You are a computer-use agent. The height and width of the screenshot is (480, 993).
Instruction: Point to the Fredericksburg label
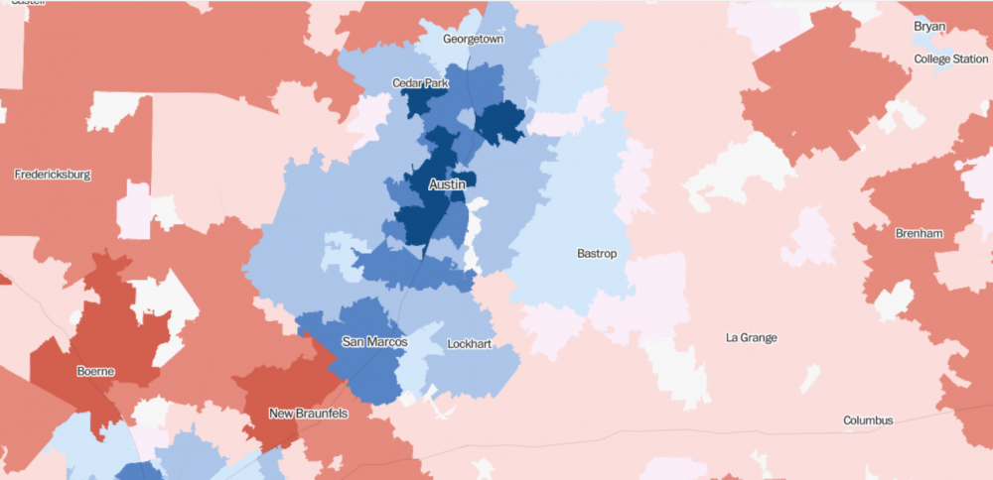click(x=53, y=175)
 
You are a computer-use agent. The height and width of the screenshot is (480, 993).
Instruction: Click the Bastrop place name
click(x=597, y=254)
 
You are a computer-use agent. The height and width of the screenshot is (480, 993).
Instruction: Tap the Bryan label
click(x=930, y=26)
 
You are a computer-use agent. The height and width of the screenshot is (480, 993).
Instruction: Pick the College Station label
click(x=950, y=60)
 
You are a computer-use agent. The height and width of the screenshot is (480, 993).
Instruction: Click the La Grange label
click(x=751, y=338)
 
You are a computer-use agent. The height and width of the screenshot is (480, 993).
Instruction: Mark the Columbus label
click(x=868, y=420)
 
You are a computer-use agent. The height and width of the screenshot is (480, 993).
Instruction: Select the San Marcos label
click(x=374, y=341)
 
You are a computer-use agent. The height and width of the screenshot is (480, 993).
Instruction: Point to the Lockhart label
click(x=470, y=344)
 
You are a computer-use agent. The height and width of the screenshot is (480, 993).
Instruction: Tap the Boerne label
click(x=95, y=372)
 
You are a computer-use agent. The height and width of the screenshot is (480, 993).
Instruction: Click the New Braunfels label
click(x=308, y=414)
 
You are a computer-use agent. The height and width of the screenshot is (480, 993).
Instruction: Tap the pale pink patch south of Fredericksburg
click(x=133, y=209)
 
